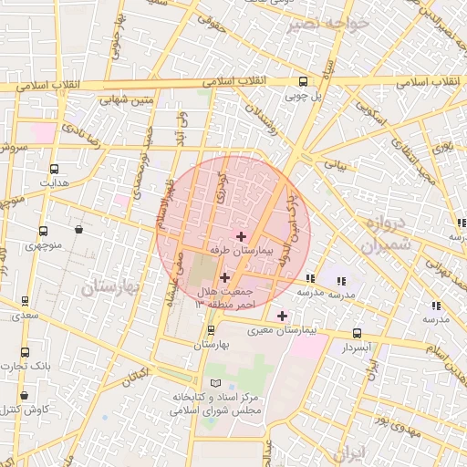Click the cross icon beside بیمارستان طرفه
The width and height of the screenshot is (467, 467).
tap(241, 236)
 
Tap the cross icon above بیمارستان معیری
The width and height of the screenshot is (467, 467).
tap(282, 316)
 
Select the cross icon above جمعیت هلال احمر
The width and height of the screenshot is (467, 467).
tap(225, 276)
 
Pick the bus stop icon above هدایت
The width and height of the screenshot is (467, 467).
tap(54, 169)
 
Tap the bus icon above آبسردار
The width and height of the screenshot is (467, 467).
tap(357, 334)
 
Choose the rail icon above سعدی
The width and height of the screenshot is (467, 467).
tap(25, 301)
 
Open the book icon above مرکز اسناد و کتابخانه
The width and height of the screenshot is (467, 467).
tap(215, 384)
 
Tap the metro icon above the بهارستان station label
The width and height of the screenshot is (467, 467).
tap(212, 330)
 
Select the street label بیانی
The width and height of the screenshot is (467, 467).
tap(337, 166)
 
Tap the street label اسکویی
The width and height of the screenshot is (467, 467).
tap(375, 113)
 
